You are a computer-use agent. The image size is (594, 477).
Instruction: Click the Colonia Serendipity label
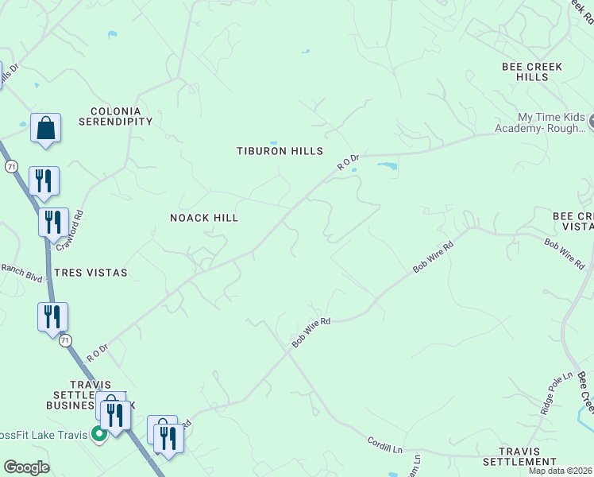[x=115, y=116]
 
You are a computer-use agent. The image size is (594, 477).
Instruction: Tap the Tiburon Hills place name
[x=280, y=151]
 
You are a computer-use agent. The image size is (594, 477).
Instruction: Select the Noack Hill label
[x=204, y=218]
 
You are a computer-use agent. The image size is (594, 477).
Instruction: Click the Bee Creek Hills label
[x=531, y=72]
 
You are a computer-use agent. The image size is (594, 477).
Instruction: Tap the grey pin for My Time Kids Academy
[x=588, y=122]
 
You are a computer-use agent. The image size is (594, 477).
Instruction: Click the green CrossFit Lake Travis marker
[x=99, y=434]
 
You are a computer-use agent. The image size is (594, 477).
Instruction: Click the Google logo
[x=26, y=467]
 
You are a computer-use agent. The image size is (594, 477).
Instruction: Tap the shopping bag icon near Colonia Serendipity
[x=45, y=127]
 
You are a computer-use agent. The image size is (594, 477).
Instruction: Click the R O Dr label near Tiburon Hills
[x=348, y=163]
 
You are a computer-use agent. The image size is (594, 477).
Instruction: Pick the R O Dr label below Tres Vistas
[x=97, y=352]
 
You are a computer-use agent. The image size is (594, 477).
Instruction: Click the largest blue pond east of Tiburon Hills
[x=388, y=167]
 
